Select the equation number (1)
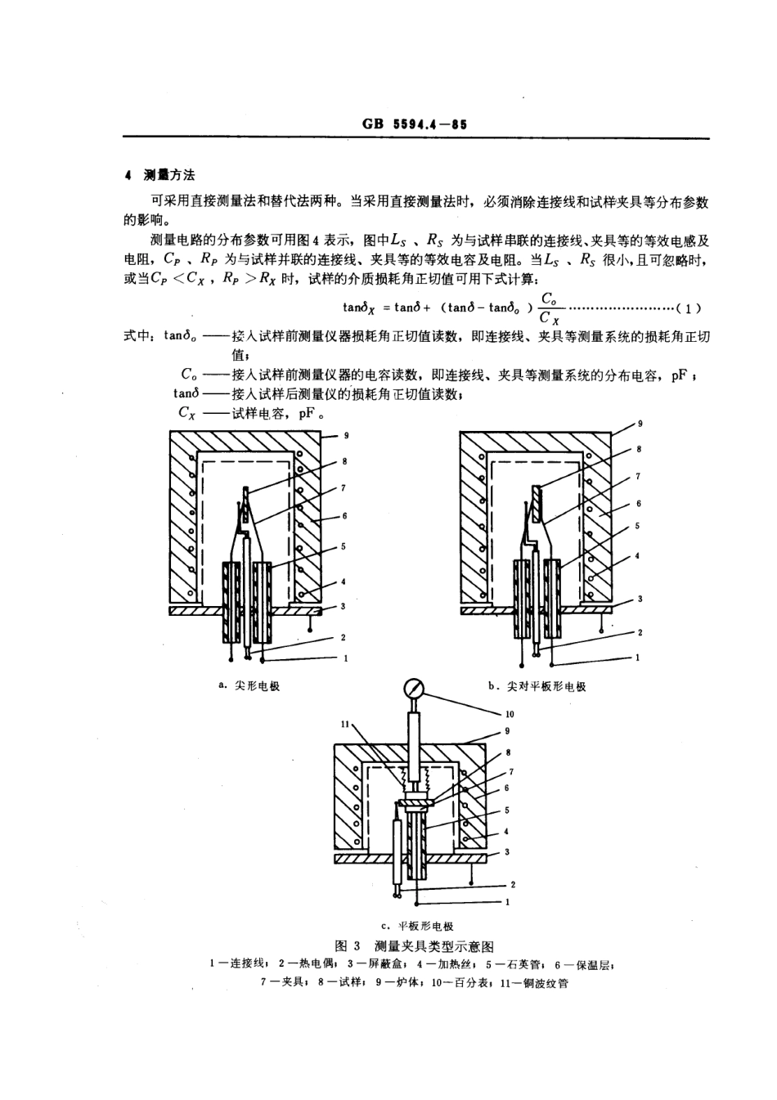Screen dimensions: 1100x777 (691, 308)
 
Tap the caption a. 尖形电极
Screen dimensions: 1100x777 (249, 685)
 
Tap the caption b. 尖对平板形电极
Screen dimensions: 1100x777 (537, 686)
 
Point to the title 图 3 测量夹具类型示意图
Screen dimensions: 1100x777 (415, 945)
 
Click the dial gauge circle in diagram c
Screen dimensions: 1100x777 (414, 686)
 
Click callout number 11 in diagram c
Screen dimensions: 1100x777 (344, 723)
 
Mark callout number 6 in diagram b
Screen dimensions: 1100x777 (638, 504)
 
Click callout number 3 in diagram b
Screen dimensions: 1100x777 (640, 599)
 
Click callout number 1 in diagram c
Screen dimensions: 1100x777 (508, 902)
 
